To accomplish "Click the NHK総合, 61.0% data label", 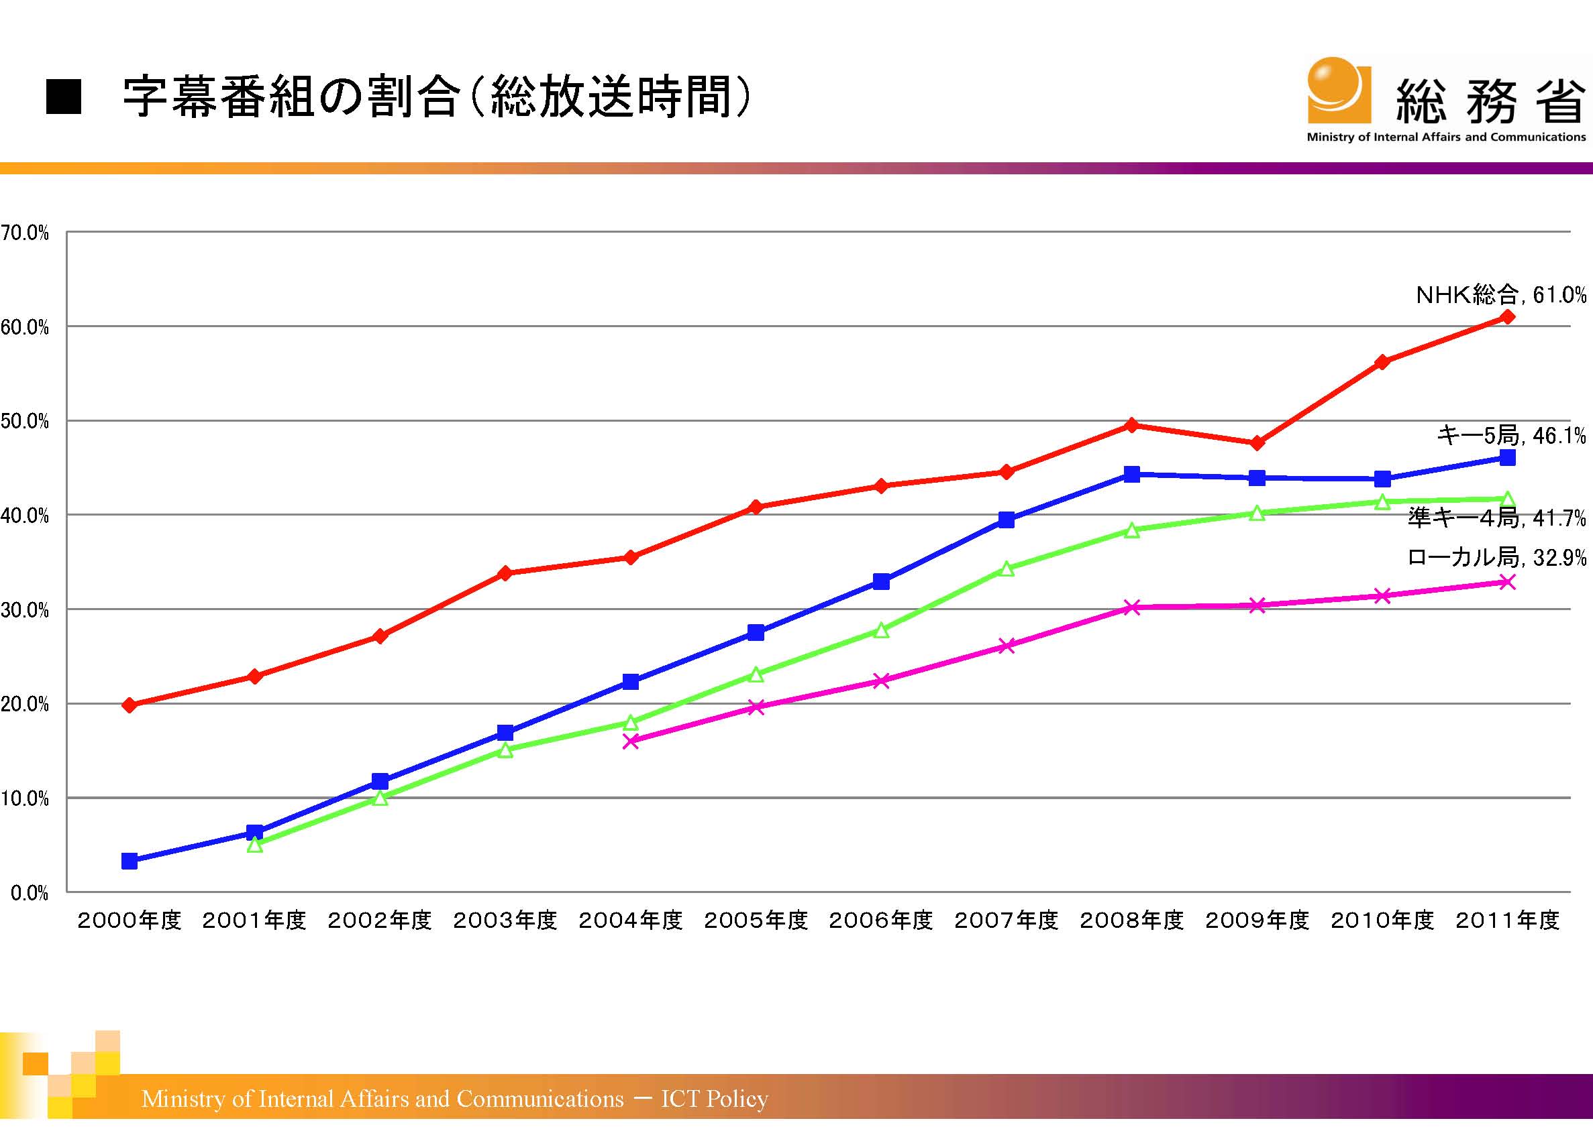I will pyautogui.click(x=1500, y=295).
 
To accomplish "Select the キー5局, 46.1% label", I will pyautogui.click(x=1510, y=436).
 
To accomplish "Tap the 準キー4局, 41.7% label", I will pyautogui.click(x=1496, y=518).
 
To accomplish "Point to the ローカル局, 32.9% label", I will pyautogui.click(x=1496, y=557).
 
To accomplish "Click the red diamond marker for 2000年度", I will pyautogui.click(x=130, y=705).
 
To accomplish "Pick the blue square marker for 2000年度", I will pyautogui.click(x=130, y=861).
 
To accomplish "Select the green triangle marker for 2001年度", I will pyautogui.click(x=255, y=845).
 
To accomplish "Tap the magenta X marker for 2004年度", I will pyautogui.click(x=631, y=741).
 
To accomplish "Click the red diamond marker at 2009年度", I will pyautogui.click(x=1257, y=443).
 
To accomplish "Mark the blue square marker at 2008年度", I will pyautogui.click(x=1132, y=474).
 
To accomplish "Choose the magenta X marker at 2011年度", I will pyautogui.click(x=1507, y=582).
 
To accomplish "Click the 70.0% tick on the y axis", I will pyautogui.click(x=25, y=233).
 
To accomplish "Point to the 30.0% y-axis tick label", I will pyautogui.click(x=25, y=611).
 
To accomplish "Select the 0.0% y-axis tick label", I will pyautogui.click(x=30, y=894).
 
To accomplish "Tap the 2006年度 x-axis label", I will pyautogui.click(x=881, y=920).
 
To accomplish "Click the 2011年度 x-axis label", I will pyautogui.click(x=1507, y=920).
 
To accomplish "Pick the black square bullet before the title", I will pyautogui.click(x=64, y=97).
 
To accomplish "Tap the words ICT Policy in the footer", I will pyautogui.click(x=714, y=1098).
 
